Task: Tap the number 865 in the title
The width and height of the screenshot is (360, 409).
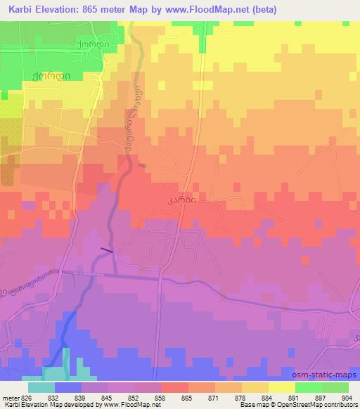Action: point(98,10)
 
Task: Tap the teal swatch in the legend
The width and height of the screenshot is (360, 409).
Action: point(41,387)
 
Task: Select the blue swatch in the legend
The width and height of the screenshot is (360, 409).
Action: point(67,387)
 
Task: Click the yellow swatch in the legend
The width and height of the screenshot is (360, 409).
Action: point(282,387)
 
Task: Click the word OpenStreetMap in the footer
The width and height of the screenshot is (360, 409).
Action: point(309,405)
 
